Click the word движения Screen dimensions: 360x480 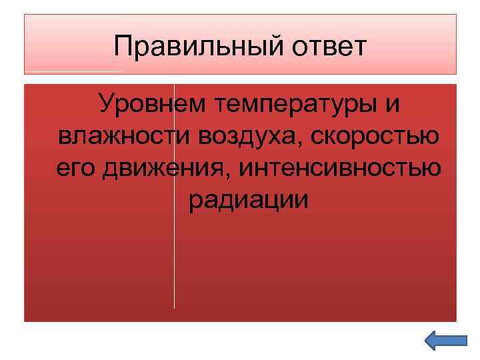pyautogui.click(x=167, y=169)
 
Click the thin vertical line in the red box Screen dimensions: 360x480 pyautogui.click(x=174, y=267)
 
